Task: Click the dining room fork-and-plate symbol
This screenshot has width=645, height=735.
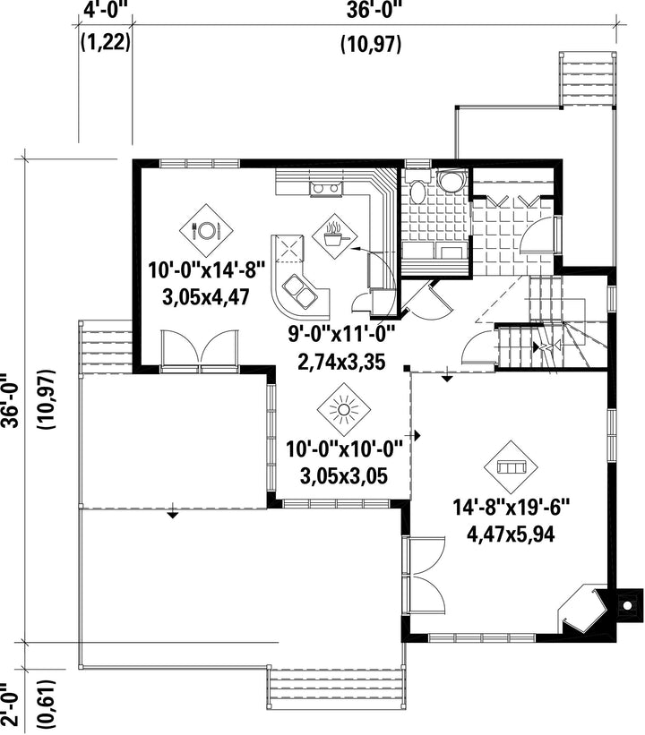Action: click(206, 230)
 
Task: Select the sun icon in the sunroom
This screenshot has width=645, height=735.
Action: click(343, 409)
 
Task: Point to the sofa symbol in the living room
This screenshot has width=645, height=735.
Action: click(511, 467)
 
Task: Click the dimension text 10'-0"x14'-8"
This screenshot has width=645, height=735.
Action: click(207, 270)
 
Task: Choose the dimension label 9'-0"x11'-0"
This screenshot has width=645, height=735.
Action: click(341, 335)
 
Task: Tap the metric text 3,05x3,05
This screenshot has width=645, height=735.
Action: click(344, 476)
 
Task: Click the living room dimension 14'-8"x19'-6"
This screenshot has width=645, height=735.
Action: click(511, 508)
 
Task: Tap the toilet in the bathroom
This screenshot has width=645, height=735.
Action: click(417, 186)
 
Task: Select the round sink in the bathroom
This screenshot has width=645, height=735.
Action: click(451, 180)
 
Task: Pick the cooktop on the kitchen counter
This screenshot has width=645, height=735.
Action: click(325, 188)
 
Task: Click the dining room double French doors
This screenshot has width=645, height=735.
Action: click(200, 350)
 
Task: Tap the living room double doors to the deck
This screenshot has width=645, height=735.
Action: click(425, 574)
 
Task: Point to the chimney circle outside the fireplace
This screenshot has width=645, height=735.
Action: click(627, 607)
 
